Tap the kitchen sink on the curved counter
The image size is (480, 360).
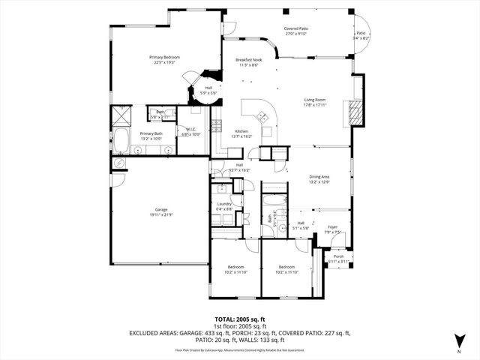[x=262, y=116]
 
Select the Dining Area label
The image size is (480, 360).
[x=319, y=177]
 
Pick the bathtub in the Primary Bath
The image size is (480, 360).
[x=119, y=140]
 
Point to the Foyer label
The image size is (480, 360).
[x=331, y=227]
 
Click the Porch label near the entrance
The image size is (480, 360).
[x=338, y=256]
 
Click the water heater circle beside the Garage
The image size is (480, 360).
[x=118, y=163]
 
